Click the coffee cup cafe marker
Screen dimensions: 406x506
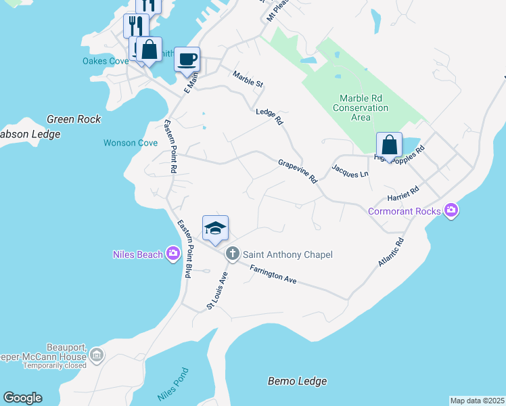tap(187, 58)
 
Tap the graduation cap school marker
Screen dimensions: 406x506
tap(215, 229)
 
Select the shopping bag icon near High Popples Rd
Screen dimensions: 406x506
tap(389, 145)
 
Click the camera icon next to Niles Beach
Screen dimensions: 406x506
tap(173, 254)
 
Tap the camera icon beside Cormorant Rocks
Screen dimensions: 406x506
tap(451, 211)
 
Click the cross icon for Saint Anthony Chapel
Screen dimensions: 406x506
tap(232, 254)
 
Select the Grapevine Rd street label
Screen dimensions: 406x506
tap(298, 171)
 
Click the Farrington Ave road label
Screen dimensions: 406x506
tap(273, 274)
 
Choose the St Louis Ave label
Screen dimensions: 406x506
tap(216, 292)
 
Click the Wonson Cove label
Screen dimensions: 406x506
tap(131, 143)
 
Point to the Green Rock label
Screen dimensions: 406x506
tap(74, 119)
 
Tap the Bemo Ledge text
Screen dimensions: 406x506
tap(297, 382)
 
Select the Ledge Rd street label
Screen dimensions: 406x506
tap(269, 116)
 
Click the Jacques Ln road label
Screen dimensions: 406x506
tap(350, 170)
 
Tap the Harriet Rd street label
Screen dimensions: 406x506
tap(403, 196)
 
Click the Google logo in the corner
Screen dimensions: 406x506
tap(22, 398)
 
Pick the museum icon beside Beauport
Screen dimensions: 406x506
tap(97, 355)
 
